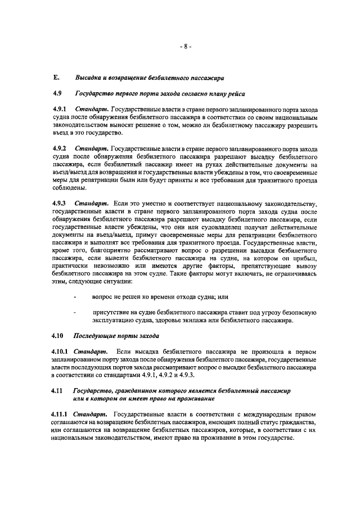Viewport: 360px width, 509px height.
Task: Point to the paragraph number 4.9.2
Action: [59, 148]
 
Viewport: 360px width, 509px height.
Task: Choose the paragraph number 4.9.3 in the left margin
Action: [59, 202]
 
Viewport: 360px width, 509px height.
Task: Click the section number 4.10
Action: [58, 336]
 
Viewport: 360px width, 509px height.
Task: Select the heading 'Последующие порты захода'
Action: [116, 336]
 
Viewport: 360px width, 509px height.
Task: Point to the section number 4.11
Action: [58, 390]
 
